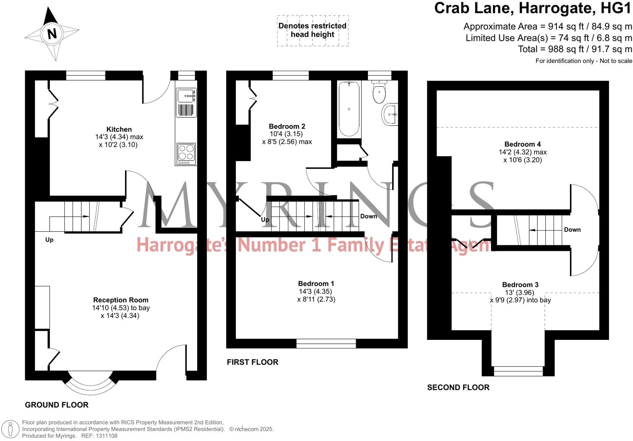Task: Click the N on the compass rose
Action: click(52, 34)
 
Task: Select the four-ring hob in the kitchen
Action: click(186, 153)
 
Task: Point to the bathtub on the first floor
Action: click(349, 109)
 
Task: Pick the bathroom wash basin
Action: click(390, 114)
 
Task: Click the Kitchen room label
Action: click(119, 129)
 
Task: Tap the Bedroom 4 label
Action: click(522, 144)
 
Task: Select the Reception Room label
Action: click(120, 300)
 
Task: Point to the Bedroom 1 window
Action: click(326, 343)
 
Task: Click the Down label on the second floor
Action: click(572, 230)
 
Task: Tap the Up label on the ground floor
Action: click(49, 240)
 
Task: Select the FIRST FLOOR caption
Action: click(252, 362)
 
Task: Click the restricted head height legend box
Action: click(312, 30)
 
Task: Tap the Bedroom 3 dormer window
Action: click(518, 371)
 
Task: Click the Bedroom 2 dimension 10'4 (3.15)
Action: click(286, 134)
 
